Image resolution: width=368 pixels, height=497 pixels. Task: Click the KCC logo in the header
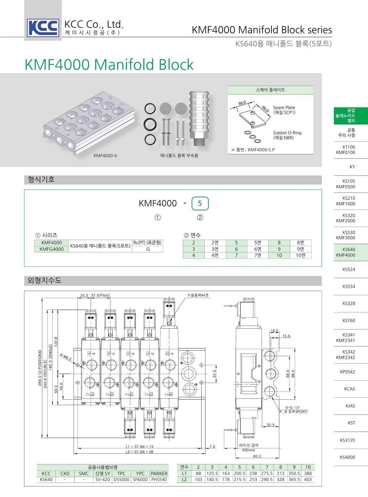click(x=43, y=27)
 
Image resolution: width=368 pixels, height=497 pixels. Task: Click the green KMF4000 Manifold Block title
click(x=109, y=65)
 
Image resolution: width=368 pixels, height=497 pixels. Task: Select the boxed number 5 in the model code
click(x=200, y=203)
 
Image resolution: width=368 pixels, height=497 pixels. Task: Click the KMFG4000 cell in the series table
click(x=52, y=249)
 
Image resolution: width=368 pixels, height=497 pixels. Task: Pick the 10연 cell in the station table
click(x=300, y=255)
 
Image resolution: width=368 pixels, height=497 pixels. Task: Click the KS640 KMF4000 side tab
click(x=346, y=252)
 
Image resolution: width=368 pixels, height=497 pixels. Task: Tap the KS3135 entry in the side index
click(x=347, y=440)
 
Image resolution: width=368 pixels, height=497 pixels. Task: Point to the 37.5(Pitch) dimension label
click(x=100, y=295)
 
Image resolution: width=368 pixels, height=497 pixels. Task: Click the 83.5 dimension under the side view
click(x=257, y=456)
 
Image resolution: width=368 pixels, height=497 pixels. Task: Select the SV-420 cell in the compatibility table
click(x=103, y=479)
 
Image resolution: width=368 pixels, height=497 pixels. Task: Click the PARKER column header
click(x=159, y=473)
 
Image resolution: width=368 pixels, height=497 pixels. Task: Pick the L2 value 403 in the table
click(x=308, y=479)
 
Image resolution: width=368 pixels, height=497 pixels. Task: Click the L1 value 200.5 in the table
click(x=239, y=473)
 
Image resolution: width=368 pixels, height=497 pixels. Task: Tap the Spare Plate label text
click(x=284, y=108)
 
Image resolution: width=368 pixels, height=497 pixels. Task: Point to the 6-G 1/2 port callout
click(x=292, y=407)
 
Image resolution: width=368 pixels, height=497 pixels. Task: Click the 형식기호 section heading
click(x=41, y=180)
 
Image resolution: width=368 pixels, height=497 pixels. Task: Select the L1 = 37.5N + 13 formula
click(x=139, y=447)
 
